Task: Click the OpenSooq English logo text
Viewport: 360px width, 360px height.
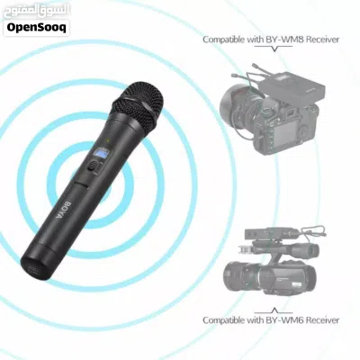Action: click(x=36, y=28)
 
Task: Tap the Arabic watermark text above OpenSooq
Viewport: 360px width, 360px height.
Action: click(x=36, y=11)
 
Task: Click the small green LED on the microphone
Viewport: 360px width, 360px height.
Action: click(x=108, y=140)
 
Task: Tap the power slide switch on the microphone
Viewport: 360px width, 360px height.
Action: click(x=94, y=166)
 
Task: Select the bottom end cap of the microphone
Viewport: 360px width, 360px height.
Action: click(x=35, y=264)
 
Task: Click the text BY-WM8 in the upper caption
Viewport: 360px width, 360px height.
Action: click(x=280, y=40)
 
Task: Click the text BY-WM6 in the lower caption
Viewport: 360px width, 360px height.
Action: click(x=280, y=320)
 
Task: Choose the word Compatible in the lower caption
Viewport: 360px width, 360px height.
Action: click(x=224, y=320)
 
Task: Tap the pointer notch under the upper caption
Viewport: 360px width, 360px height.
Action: click(x=274, y=48)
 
